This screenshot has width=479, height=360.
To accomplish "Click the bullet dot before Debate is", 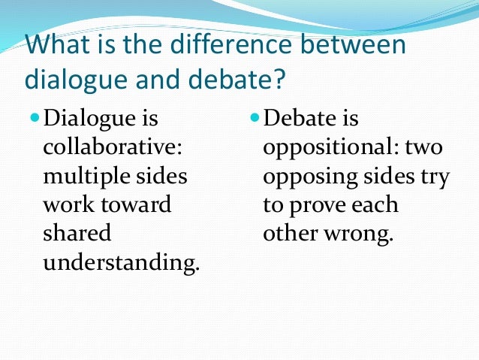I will click(x=255, y=118).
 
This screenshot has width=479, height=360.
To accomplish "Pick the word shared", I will click(x=77, y=233).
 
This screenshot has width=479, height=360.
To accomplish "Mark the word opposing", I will click(x=307, y=176).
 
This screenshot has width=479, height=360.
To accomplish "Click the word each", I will click(x=378, y=204).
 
